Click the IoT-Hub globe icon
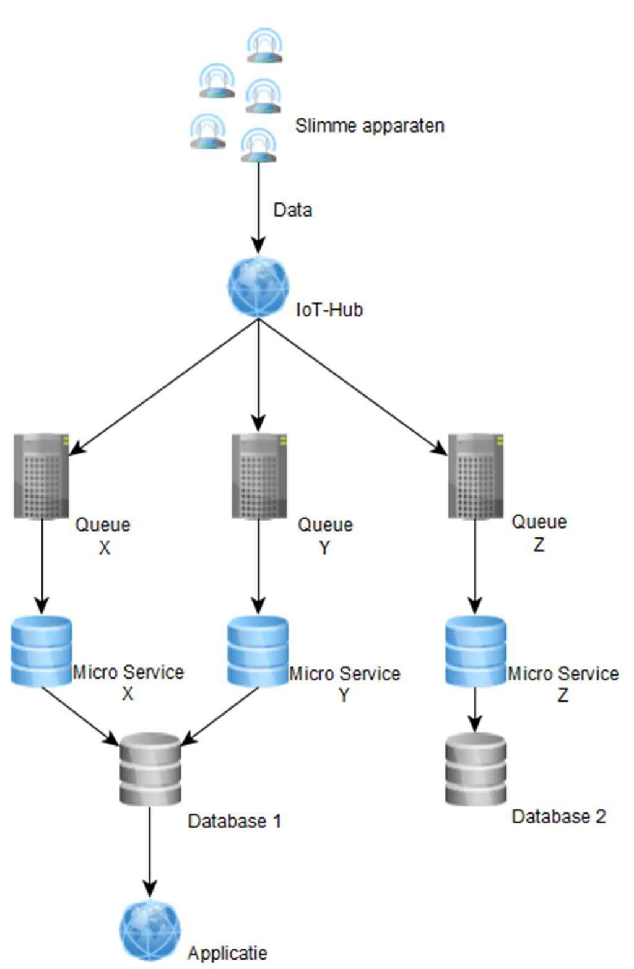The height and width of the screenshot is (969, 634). click(x=258, y=287)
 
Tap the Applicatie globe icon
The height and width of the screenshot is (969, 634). click(x=150, y=931)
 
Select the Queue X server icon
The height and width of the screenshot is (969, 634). click(x=41, y=476)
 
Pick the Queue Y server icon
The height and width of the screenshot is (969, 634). click(x=259, y=476)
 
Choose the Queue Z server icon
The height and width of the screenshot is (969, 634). click(x=475, y=476)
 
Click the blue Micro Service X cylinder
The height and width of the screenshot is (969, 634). click(x=41, y=651)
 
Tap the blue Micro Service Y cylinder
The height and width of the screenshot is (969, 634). click(x=258, y=651)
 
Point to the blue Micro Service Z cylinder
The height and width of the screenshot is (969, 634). click(x=475, y=651)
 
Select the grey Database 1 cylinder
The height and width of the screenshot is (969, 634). click(x=150, y=769)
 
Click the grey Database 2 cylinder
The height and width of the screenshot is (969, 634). click(x=475, y=769)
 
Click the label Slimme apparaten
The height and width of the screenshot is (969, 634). click(x=370, y=126)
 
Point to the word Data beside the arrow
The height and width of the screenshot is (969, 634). click(x=292, y=210)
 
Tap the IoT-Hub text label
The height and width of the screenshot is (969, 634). click(x=329, y=309)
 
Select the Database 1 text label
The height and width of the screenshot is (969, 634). click(x=235, y=821)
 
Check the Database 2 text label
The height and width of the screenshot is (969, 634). click(x=558, y=817)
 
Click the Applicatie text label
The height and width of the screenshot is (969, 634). click(x=228, y=953)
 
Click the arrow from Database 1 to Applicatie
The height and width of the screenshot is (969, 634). click(x=150, y=851)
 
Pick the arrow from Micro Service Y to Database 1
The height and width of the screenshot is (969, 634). click(x=221, y=714)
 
